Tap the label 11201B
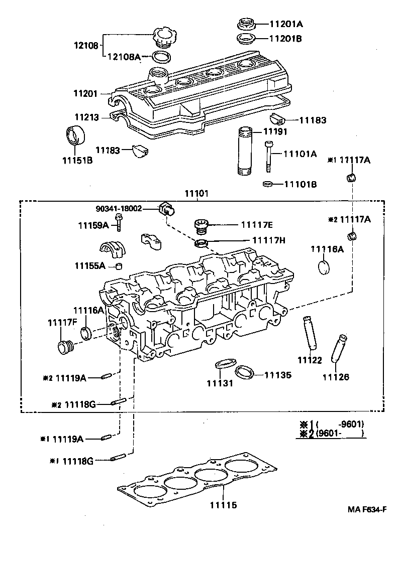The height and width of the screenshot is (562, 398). [x=286, y=38]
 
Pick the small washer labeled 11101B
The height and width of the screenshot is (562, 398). [x=268, y=184]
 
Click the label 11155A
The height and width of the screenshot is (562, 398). [x=90, y=265]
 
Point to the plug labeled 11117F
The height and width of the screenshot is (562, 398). [x=65, y=347]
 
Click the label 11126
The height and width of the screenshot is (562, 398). [x=335, y=377]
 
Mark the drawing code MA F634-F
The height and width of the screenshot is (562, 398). [x=366, y=509]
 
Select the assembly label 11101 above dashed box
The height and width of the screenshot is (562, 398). [x=197, y=194]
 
